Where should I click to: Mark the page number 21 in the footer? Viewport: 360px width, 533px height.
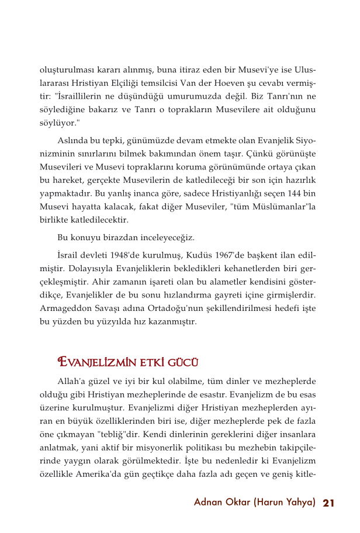tap(328, 503)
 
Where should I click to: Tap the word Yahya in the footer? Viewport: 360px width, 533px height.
tap(297, 503)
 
